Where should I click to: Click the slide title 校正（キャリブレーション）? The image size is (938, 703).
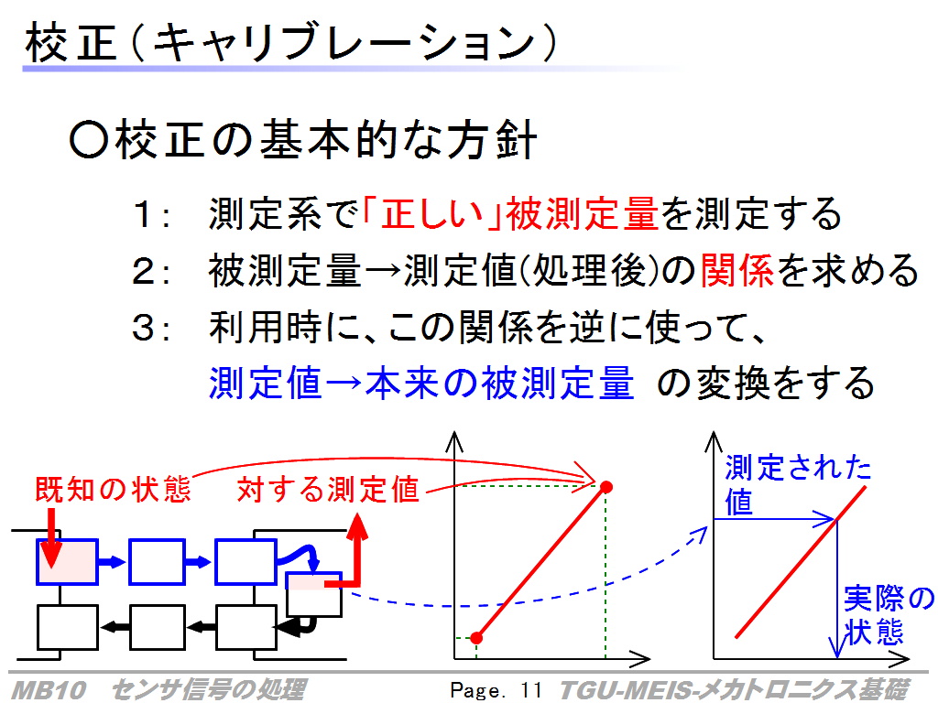(292, 42)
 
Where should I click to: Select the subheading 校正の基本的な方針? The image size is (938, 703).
(302, 140)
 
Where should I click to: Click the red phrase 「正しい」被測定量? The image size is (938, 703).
(509, 213)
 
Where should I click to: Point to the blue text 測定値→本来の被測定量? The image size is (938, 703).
(421, 384)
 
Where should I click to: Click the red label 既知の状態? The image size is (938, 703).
(113, 489)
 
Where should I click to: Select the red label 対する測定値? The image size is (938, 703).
(328, 490)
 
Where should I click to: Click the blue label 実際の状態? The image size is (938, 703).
(889, 615)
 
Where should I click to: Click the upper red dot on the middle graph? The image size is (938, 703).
(606, 487)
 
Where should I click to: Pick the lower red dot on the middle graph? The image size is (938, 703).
(476, 638)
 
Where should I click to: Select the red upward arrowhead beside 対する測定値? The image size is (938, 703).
(357, 526)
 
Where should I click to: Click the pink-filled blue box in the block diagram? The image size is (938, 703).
(67, 561)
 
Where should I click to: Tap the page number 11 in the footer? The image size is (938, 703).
(530, 690)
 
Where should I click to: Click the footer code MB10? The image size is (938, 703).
(49, 690)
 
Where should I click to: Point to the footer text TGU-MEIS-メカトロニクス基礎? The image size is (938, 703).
(735, 690)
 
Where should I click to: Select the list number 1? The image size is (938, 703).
(151, 214)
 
